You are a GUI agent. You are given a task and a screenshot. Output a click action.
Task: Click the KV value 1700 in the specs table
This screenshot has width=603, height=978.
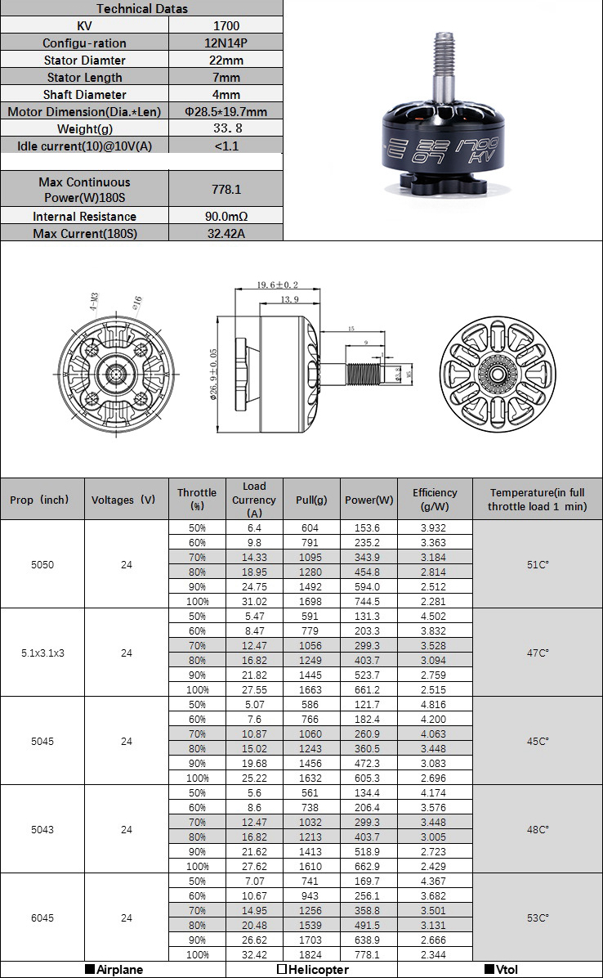coord(225,25)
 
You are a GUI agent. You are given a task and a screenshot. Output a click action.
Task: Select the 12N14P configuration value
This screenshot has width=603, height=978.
coord(225,43)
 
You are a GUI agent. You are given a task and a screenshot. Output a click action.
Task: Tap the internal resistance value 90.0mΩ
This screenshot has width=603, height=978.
coord(226,216)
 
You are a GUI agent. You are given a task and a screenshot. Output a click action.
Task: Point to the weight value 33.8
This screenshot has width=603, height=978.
coord(226,128)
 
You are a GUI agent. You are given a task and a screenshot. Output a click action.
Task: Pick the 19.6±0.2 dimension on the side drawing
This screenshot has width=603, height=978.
coord(278,285)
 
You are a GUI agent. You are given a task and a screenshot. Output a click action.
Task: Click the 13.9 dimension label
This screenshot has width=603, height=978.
coord(288,300)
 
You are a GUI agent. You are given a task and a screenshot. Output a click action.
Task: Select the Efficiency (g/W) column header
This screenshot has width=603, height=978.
coord(435,499)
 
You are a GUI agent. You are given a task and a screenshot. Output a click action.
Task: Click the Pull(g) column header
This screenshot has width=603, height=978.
coord(310,500)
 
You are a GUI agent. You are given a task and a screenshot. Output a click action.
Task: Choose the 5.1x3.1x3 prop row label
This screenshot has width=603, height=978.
coord(42,653)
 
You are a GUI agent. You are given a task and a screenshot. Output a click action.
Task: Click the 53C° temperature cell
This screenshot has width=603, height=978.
coord(538,918)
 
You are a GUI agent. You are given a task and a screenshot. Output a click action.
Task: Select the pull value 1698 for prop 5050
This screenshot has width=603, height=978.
coord(310,601)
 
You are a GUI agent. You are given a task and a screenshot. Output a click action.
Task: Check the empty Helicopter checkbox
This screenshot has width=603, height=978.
coord(282,970)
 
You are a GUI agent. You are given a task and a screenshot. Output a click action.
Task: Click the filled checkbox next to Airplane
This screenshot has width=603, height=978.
coord(91,970)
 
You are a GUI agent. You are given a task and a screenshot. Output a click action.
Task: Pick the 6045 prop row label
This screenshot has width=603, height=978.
coord(42,918)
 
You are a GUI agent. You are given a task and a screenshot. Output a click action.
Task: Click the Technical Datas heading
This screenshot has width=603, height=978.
coord(142,8)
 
